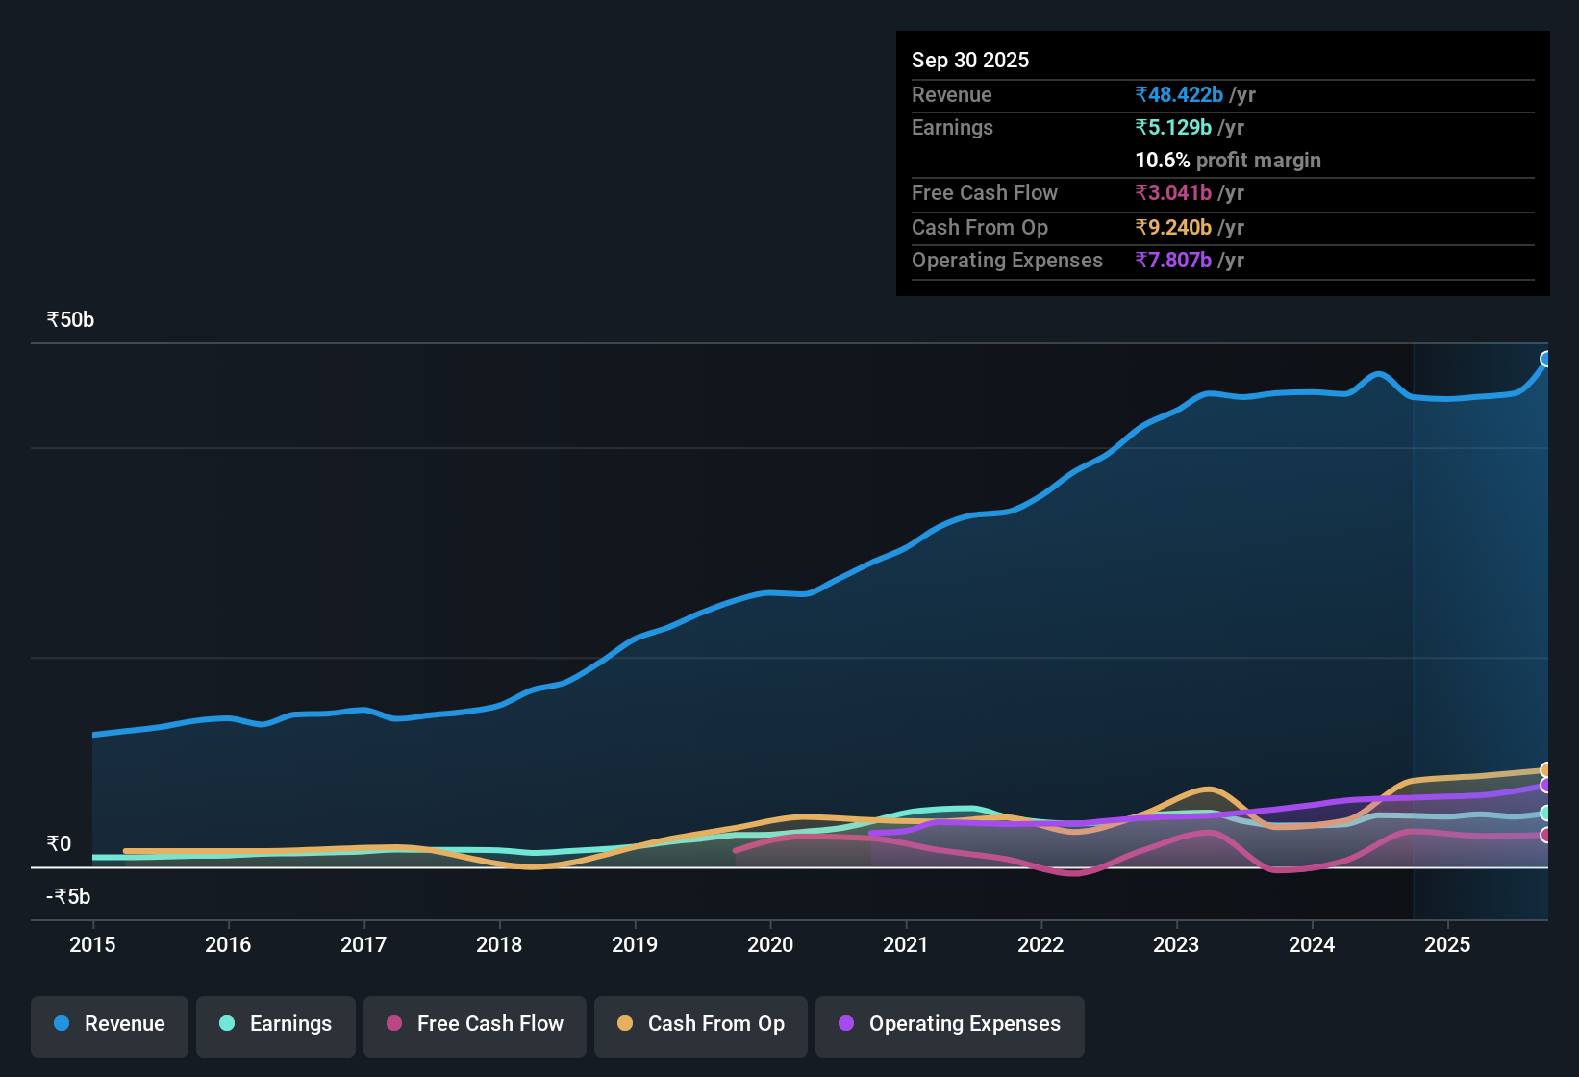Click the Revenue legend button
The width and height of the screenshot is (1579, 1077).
pyautogui.click(x=110, y=1024)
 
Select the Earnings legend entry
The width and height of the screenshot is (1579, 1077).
pyautogui.click(x=276, y=1024)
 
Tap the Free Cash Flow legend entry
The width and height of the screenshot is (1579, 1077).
pyautogui.click(x=475, y=1024)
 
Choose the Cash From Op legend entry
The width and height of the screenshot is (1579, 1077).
pyautogui.click(x=701, y=1024)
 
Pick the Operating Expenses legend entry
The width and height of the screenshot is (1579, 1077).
pyautogui.click(x=950, y=1024)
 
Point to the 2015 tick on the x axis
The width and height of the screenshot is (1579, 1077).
pyautogui.click(x=92, y=944)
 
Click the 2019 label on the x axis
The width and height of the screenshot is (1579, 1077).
pyautogui.click(x=635, y=944)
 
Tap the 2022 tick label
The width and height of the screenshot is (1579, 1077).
pyautogui.click(x=1040, y=944)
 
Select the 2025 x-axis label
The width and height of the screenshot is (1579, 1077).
pyautogui.click(x=1447, y=944)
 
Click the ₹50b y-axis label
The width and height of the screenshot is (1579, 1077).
pyautogui.click(x=70, y=320)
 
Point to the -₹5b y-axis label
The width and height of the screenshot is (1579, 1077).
pyautogui.click(x=68, y=897)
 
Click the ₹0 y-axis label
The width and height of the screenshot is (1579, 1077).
pyautogui.click(x=59, y=844)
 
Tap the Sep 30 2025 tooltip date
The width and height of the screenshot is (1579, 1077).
pyautogui.click(x=970, y=60)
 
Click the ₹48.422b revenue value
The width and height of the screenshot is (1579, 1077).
pyautogui.click(x=1179, y=94)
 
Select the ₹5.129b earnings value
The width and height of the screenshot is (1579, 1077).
pyautogui.click(x=1173, y=127)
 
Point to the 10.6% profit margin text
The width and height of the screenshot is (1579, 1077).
pyautogui.click(x=1228, y=160)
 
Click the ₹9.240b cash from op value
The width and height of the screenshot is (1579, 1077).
pyautogui.click(x=1173, y=227)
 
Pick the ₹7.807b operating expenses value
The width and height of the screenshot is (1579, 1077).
pyautogui.click(x=1173, y=260)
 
